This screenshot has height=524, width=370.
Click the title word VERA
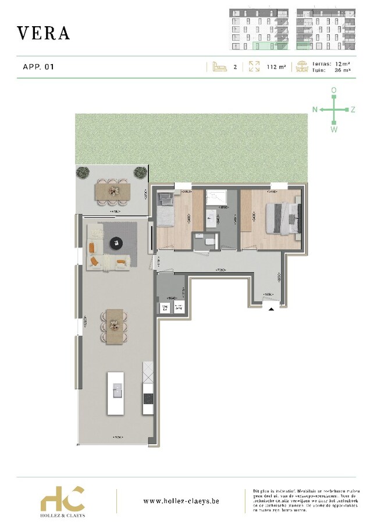(44, 33)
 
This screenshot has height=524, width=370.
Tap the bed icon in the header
(219, 67)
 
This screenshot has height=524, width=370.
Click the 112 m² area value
(276, 67)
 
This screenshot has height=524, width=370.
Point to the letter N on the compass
(315, 109)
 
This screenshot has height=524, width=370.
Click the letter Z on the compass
(353, 109)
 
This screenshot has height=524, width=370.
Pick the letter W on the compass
(334, 129)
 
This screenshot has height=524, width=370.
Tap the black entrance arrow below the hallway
(271, 309)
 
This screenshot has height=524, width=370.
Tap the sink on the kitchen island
(116, 389)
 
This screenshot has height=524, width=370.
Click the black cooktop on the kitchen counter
(148, 399)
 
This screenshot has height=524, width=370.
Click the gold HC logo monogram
(62, 498)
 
